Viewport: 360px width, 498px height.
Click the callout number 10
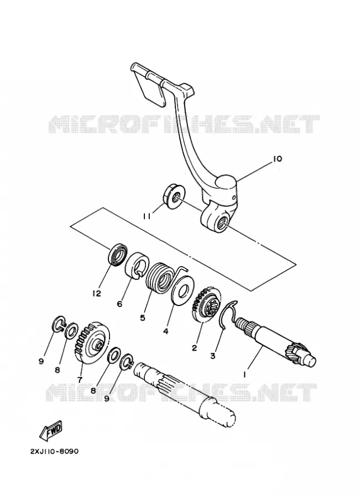click(x=277, y=158)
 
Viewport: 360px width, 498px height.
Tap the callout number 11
click(x=147, y=216)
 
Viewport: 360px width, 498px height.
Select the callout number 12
click(x=97, y=293)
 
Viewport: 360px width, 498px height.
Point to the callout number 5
click(x=143, y=318)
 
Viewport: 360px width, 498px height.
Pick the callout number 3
click(x=213, y=356)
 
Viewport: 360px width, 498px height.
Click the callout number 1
click(x=244, y=375)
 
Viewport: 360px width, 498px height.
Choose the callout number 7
click(x=80, y=379)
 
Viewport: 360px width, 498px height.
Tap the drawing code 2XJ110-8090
click(x=54, y=452)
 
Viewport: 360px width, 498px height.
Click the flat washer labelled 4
click(x=182, y=290)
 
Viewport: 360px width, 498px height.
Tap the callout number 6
click(x=119, y=304)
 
